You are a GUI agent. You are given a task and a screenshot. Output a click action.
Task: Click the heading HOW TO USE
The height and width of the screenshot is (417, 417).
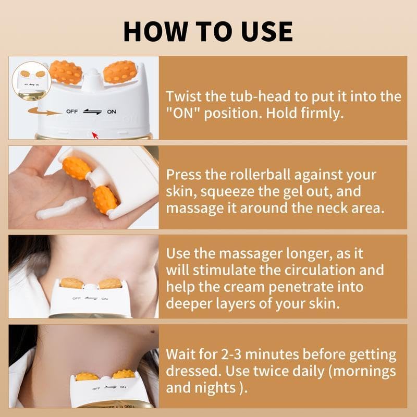(x=208, y=31)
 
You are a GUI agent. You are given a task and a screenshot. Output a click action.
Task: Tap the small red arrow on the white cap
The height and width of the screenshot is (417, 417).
(x=95, y=136)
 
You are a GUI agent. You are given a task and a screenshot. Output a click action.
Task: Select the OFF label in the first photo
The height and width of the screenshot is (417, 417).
(x=71, y=112)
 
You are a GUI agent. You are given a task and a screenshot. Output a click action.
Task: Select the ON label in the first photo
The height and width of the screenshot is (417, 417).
(x=112, y=112)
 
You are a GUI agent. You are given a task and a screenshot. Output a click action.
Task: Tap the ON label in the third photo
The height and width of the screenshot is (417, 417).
(x=104, y=299)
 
